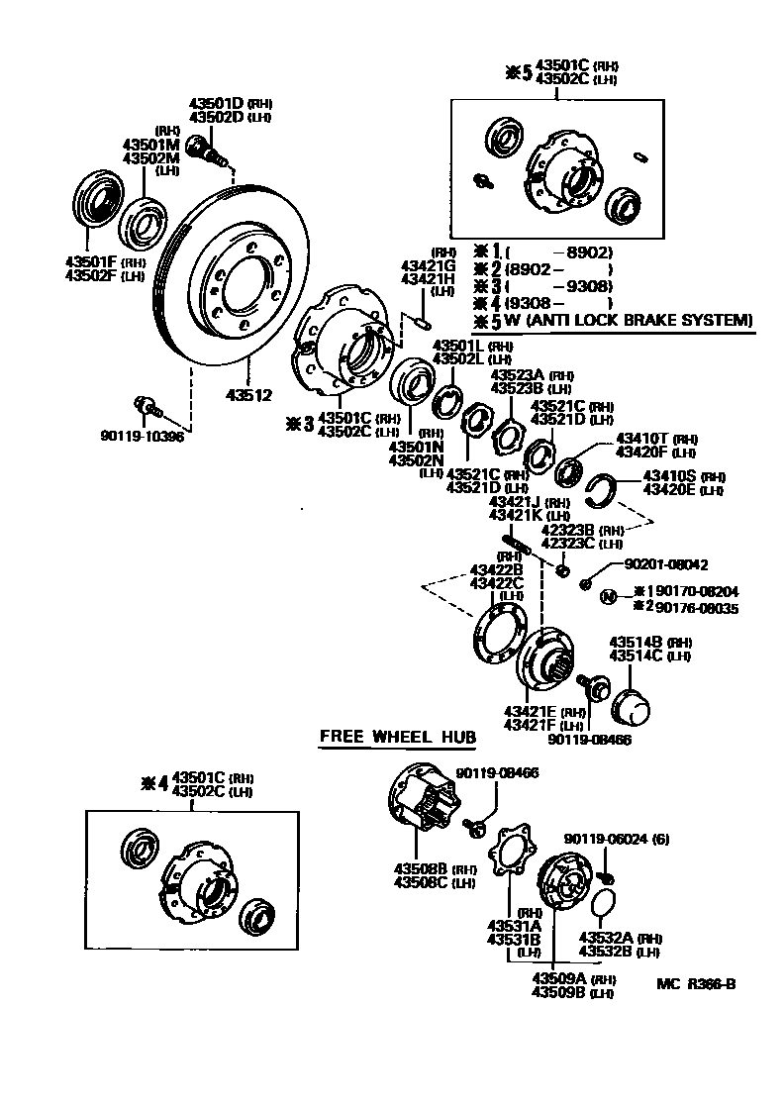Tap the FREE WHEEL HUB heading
397,737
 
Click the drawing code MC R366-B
696,983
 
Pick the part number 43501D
217,103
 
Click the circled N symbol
609,595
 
